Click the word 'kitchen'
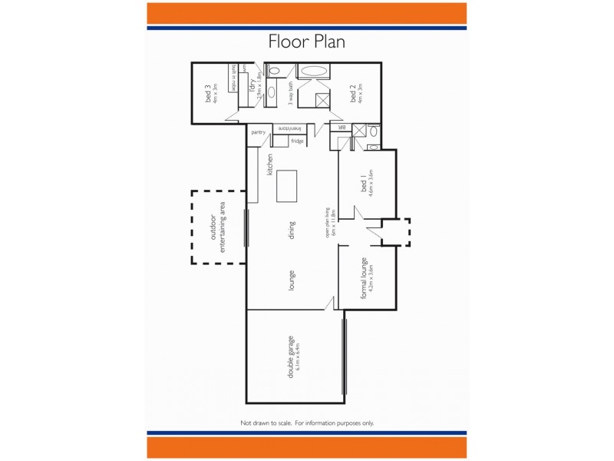[270, 165]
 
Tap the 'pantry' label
[258, 133]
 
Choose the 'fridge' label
[297, 141]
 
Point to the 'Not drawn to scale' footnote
[306, 423]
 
